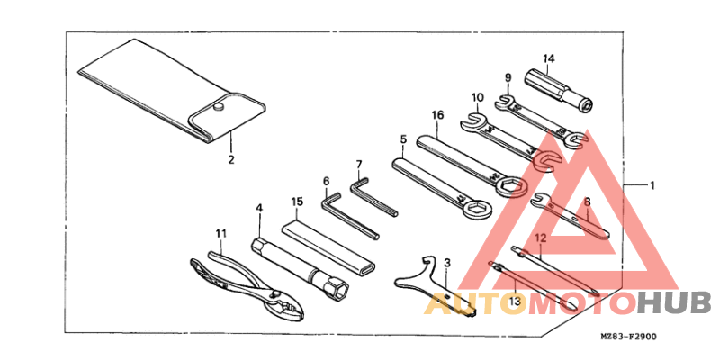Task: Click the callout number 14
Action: point(549,58)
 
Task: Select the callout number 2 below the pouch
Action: point(231,160)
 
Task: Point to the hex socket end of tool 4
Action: point(336,290)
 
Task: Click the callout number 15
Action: point(297,201)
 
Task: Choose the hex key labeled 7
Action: point(373,197)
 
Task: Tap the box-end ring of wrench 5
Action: point(478,210)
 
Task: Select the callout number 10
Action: point(477,97)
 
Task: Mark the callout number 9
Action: point(508,77)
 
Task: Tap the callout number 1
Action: point(652,186)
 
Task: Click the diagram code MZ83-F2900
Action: point(628,337)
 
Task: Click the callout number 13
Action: point(515,301)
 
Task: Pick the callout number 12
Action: point(541,238)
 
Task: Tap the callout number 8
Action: point(588,201)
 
